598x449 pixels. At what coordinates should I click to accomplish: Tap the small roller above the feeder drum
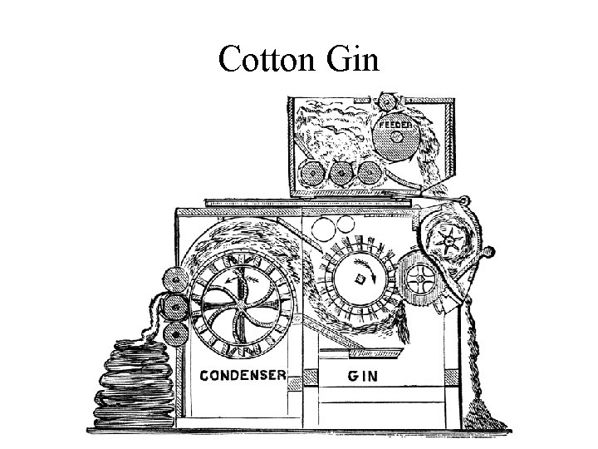tap(385, 102)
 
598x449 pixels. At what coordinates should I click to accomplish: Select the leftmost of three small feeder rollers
tap(311, 173)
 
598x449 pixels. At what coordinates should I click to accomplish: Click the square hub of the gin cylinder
tap(360, 277)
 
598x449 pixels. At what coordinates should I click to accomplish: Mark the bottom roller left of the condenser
tap(174, 335)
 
